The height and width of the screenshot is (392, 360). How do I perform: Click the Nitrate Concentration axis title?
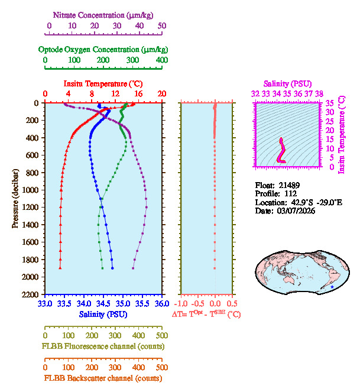pos(105,14)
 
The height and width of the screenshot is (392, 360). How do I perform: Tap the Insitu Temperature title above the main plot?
pos(103,84)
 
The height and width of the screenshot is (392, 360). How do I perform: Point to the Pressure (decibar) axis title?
pos(15,199)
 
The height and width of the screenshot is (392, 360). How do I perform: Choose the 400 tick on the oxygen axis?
pos(161,60)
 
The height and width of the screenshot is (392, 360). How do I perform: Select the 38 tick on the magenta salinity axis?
pos(319,93)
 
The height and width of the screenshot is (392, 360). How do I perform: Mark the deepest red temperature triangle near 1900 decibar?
pos(60,268)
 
